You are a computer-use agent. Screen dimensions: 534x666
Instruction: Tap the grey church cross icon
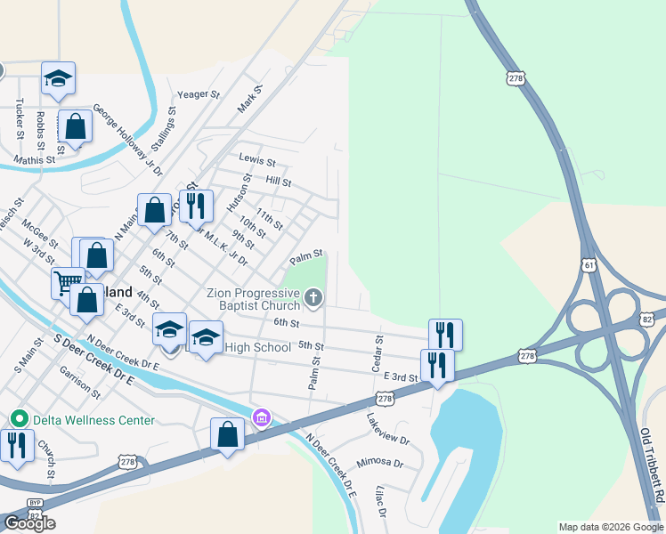pyautogui.click(x=313, y=298)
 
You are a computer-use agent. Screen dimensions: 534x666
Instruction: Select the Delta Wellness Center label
pyautogui.click(x=95, y=420)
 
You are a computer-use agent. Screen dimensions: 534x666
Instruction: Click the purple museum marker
pyautogui.click(x=261, y=417)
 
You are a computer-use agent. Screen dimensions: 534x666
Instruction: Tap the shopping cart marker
pyautogui.click(x=66, y=283)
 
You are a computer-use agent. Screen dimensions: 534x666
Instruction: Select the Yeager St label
pyautogui.click(x=198, y=94)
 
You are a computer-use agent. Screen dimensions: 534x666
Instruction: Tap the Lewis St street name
pyautogui.click(x=257, y=163)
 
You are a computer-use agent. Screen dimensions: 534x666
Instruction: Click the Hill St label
pyautogui.click(x=279, y=182)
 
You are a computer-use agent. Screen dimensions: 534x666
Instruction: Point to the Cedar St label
pyautogui.click(x=378, y=352)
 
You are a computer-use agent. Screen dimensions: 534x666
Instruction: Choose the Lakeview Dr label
pyautogui.click(x=387, y=428)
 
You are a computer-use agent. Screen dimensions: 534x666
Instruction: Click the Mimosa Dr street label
pyautogui.click(x=380, y=464)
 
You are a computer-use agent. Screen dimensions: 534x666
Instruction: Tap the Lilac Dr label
pyautogui.click(x=380, y=500)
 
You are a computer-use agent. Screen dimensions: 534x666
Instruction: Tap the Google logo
pyautogui.click(x=30, y=523)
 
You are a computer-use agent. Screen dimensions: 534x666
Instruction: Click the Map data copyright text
pyautogui.click(x=611, y=527)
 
